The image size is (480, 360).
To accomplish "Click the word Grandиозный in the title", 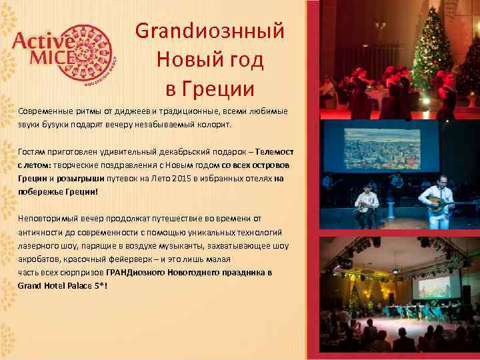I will point(210,31).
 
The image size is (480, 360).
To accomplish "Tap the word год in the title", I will point(243,60).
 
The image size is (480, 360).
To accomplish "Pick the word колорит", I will point(211,124).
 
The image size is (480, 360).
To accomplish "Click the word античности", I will point(42,232).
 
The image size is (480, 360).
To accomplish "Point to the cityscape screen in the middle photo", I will point(381,149).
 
